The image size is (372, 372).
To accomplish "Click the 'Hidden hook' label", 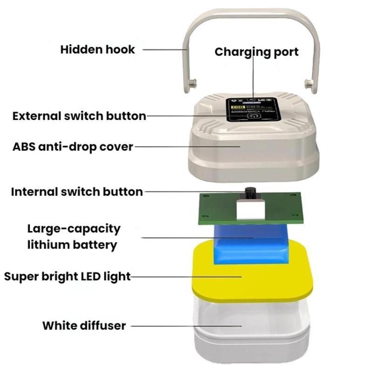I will [x=98, y=50].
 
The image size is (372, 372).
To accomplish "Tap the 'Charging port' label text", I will [x=256, y=52].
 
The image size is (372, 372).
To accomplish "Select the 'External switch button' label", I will [x=79, y=116].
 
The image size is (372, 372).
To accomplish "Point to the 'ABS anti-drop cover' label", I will [x=73, y=147].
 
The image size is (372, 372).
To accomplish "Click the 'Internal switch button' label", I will [x=77, y=191].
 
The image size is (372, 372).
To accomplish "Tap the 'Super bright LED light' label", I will [x=67, y=276].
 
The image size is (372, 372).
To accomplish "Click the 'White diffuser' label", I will [x=84, y=326].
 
